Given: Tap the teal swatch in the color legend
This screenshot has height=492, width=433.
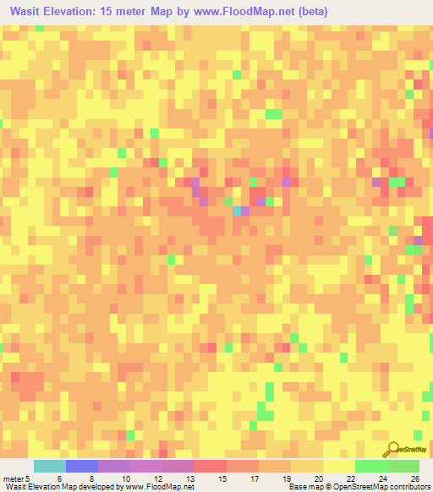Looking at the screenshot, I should tap(49, 466).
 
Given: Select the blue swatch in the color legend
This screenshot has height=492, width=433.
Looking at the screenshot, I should tap(82, 466).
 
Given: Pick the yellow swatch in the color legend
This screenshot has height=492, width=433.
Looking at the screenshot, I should tap(338, 466).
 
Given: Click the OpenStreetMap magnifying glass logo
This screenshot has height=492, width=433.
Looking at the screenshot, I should tap(392, 448).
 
